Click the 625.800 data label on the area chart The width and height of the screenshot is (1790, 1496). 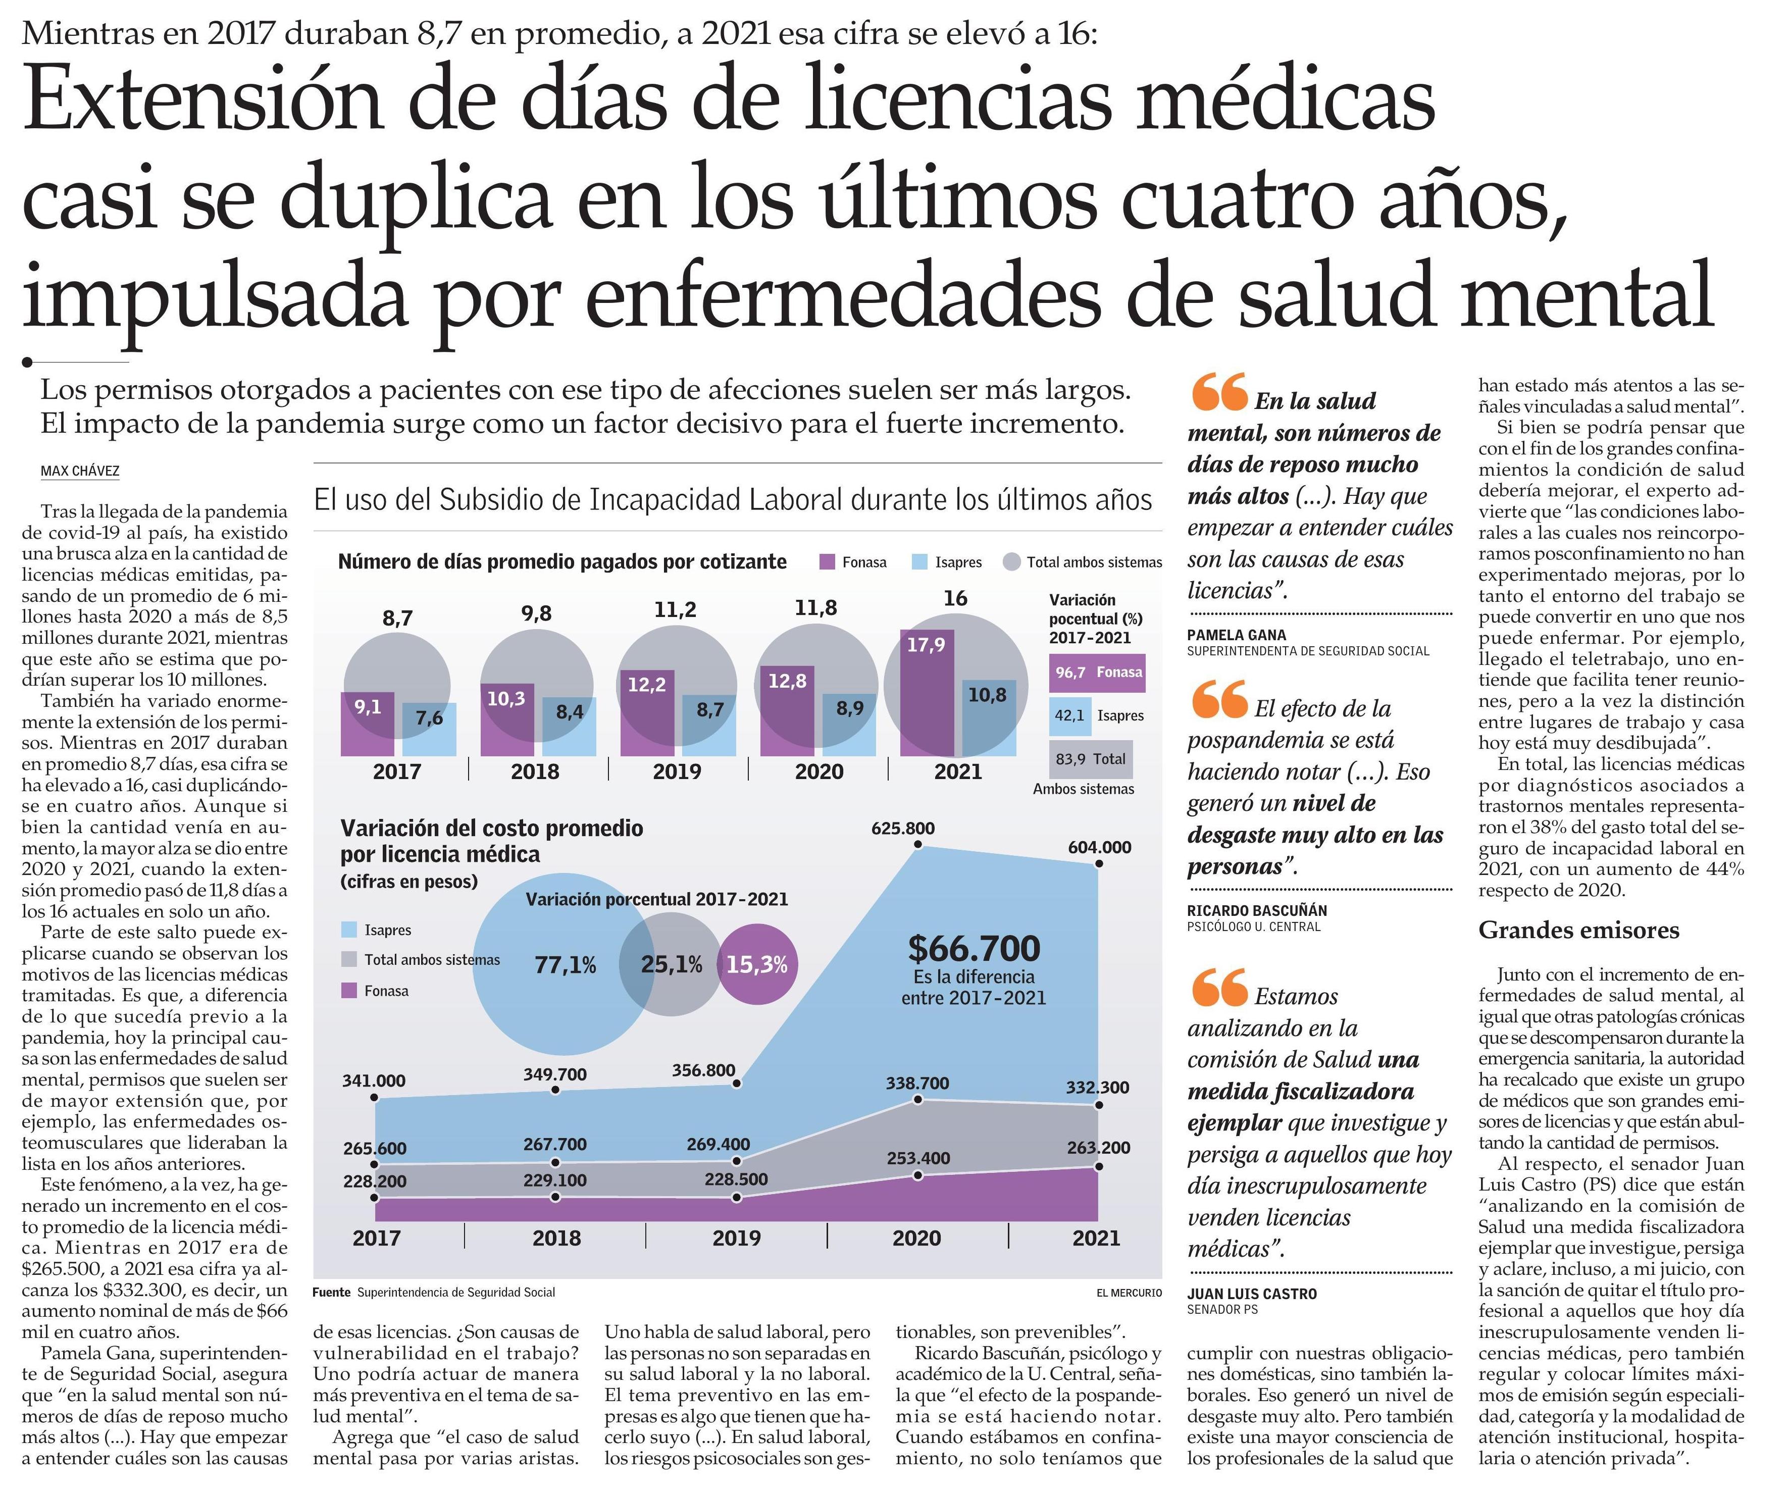[903, 828]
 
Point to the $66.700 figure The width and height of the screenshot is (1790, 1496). [974, 948]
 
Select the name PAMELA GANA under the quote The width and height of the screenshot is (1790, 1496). [1236, 635]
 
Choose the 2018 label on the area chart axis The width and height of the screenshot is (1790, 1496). [556, 1237]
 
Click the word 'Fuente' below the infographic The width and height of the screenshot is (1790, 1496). [332, 1292]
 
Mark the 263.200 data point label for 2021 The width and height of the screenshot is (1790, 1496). [1098, 1147]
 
